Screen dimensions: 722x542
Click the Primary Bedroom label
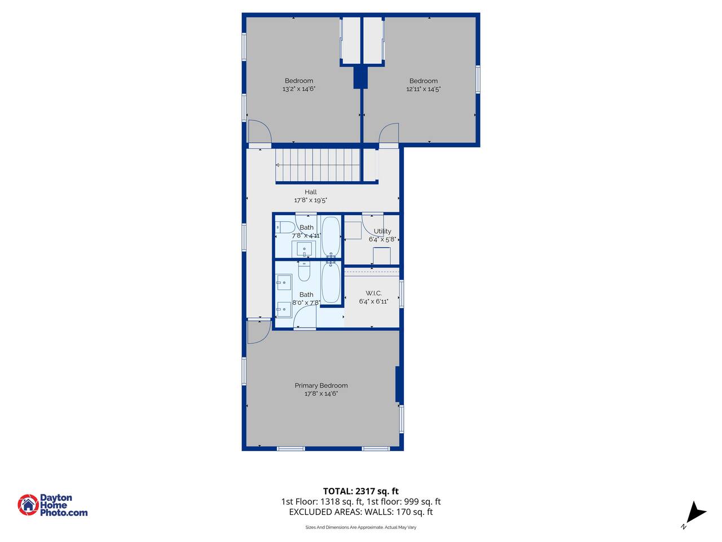tap(321, 386)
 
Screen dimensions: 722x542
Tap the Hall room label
tap(310, 192)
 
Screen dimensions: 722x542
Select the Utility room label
tap(382, 231)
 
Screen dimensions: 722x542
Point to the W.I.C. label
tap(373, 293)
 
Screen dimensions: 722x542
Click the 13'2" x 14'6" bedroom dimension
tap(298, 89)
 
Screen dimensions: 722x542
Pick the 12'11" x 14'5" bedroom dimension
tap(424, 89)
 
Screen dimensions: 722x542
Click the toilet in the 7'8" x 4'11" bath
tap(285, 228)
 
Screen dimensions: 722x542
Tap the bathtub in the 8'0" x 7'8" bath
tap(331, 282)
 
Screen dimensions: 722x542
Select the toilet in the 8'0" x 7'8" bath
tap(304, 272)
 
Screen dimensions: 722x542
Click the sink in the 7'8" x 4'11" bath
tap(304, 249)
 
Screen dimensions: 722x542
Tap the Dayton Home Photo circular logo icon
tap(28, 505)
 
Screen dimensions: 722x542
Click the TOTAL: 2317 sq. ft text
tap(361, 491)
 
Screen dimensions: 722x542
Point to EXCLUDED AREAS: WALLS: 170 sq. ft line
tap(361, 512)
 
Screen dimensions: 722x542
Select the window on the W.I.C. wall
tap(401, 294)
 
